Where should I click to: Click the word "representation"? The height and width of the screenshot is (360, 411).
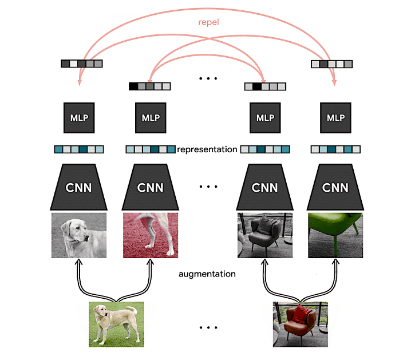pyautogui.click(x=207, y=149)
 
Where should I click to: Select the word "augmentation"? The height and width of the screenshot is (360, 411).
pyautogui.click(x=207, y=274)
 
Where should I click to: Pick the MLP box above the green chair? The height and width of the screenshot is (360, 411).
pyautogui.click(x=335, y=118)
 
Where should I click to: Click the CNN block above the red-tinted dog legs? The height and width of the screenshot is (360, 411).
pyautogui.click(x=151, y=187)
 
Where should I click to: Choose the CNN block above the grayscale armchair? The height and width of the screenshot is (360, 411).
pyautogui.click(x=265, y=187)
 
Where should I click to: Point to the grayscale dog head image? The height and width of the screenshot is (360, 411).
pyautogui.click(x=79, y=235)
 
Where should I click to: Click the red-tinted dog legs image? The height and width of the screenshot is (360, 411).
pyautogui.click(x=151, y=235)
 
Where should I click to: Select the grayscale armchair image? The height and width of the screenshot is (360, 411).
pyautogui.click(x=265, y=235)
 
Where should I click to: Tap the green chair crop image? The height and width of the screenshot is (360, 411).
pyautogui.click(x=335, y=235)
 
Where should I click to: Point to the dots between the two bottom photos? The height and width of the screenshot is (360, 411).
pyautogui.click(x=208, y=329)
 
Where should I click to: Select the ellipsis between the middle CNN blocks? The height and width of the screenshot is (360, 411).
pyautogui.click(x=208, y=187)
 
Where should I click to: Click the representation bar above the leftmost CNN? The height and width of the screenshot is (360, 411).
pyautogui.click(x=79, y=149)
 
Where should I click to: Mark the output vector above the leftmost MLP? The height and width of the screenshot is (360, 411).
pyautogui.click(x=81, y=64)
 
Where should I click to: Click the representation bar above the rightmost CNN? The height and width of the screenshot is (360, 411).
pyautogui.click(x=335, y=149)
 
